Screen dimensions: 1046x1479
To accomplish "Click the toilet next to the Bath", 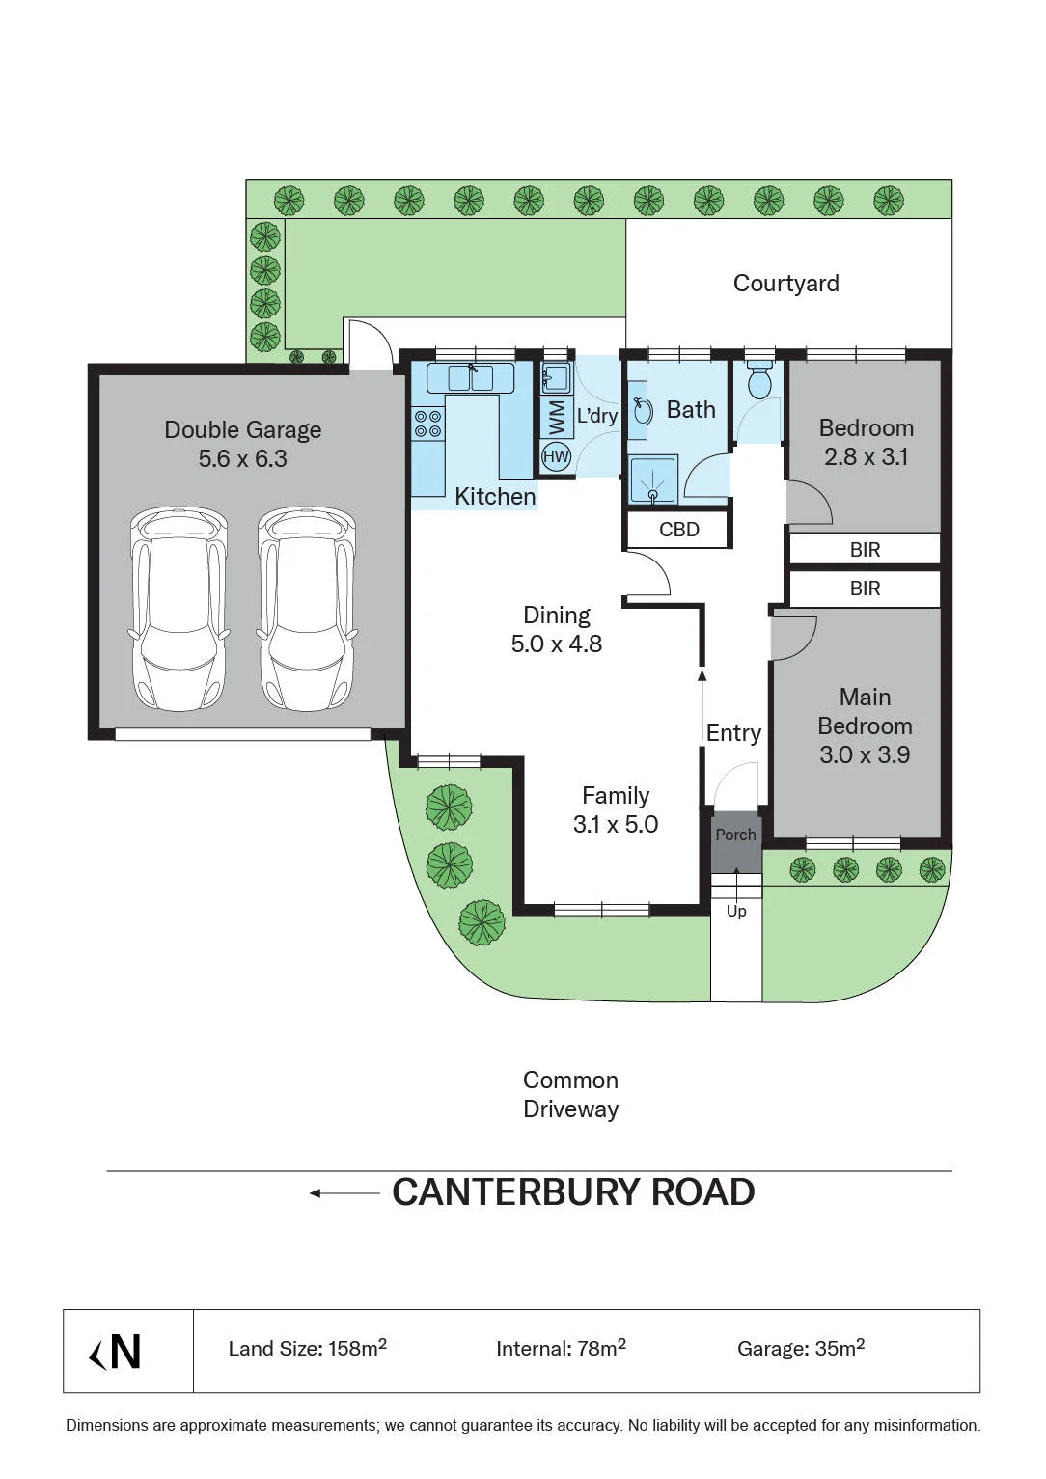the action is click(x=760, y=381).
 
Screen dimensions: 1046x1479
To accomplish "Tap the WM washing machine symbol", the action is click(x=557, y=418).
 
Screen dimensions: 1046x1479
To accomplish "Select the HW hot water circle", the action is click(x=556, y=455).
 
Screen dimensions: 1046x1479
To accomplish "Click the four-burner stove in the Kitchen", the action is click(x=427, y=424).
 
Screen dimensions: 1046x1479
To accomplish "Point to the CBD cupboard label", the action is click(x=679, y=530).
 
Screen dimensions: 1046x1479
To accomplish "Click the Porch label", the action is click(x=735, y=835).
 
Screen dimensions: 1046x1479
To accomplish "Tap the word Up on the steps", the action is click(x=736, y=911).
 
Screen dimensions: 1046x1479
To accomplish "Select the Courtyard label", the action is click(x=785, y=284).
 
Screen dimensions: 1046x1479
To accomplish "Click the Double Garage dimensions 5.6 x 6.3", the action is click(x=243, y=458).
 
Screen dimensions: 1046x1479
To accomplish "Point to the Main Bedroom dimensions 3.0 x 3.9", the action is click(x=865, y=754).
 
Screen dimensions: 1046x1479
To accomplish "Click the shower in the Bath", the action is click(x=652, y=479).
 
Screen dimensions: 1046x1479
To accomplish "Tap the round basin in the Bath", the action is click(x=642, y=411).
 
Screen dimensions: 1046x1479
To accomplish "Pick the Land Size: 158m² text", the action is click(x=308, y=1347).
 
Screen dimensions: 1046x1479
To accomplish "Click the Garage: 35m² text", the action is click(x=801, y=1347).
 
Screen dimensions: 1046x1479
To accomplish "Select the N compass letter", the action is click(x=125, y=1352).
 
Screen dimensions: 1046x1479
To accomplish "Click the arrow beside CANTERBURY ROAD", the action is click(x=344, y=1193).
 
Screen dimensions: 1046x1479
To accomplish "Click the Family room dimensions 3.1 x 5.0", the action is click(x=616, y=825).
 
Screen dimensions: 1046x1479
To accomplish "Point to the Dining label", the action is click(x=557, y=616).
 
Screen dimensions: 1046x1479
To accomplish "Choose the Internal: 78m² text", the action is click(x=562, y=1347).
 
